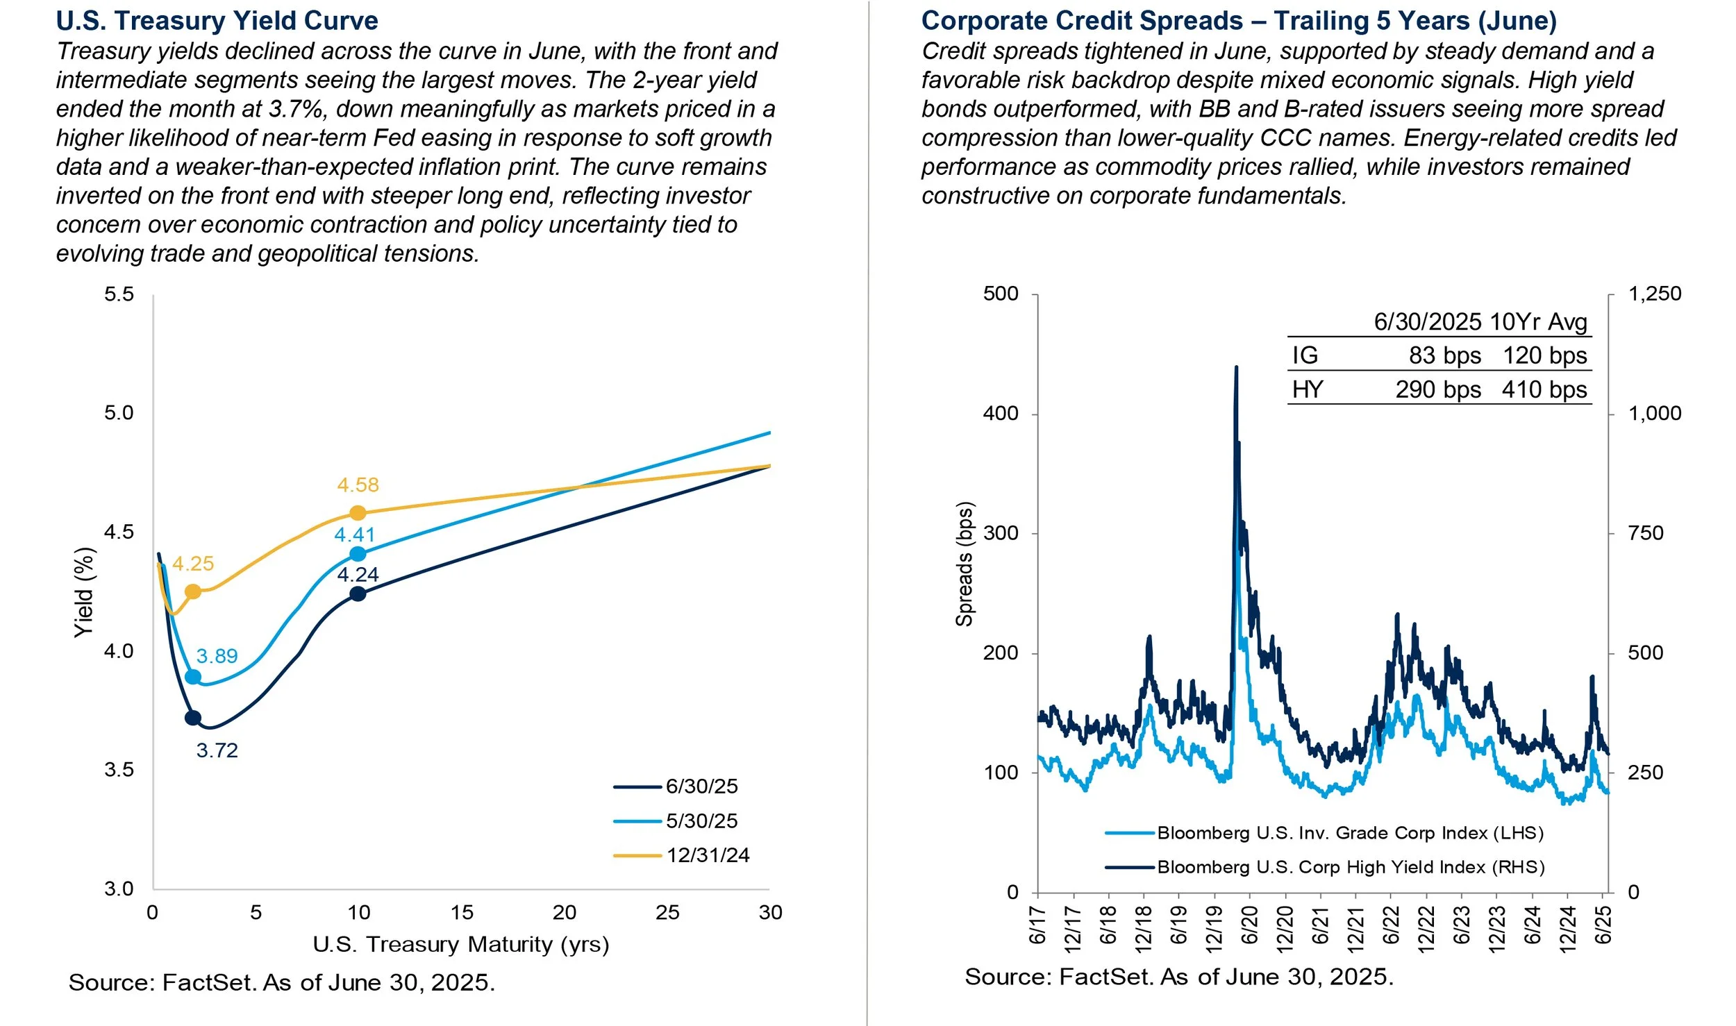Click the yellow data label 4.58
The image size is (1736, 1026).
coord(358,485)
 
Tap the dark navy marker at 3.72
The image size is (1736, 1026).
coord(193,718)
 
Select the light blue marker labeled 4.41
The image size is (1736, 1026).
coord(358,554)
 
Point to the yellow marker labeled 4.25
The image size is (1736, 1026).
coord(193,591)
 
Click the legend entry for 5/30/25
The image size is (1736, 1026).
coord(701,821)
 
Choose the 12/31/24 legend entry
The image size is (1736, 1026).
coord(708,855)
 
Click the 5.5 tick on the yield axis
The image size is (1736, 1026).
coord(119,294)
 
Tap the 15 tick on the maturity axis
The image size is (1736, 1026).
coord(462,912)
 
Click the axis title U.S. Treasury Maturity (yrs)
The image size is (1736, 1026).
coord(460,944)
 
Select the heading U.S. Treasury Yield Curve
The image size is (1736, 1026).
coord(217,21)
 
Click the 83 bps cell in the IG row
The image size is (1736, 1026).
coord(1444,355)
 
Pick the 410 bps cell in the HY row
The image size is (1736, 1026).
coord(1544,389)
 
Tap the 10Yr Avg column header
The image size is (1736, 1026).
coord(1538,322)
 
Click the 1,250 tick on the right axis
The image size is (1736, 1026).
coord(1654,294)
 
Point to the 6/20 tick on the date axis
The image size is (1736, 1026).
coord(1250,925)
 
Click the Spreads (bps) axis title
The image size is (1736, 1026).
coord(964,564)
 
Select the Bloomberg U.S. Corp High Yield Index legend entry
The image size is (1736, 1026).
coord(1350,867)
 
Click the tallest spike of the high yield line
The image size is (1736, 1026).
coord(1236,368)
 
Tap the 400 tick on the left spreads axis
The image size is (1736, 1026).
coord(1001,414)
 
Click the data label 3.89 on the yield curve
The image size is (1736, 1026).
coord(217,656)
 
